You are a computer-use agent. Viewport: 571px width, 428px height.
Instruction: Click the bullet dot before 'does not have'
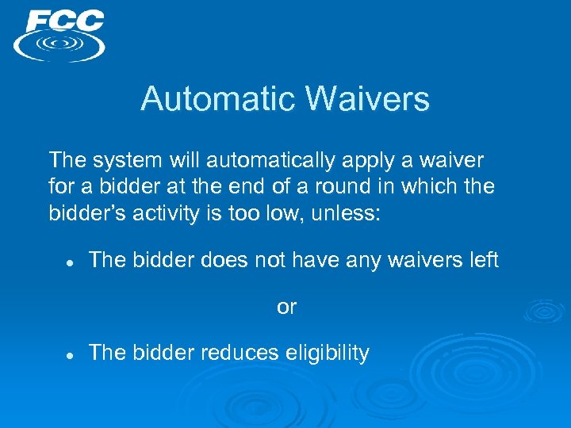click(x=70, y=262)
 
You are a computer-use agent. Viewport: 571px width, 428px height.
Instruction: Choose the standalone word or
click(x=286, y=307)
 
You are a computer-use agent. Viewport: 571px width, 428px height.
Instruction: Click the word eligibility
click(x=327, y=353)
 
